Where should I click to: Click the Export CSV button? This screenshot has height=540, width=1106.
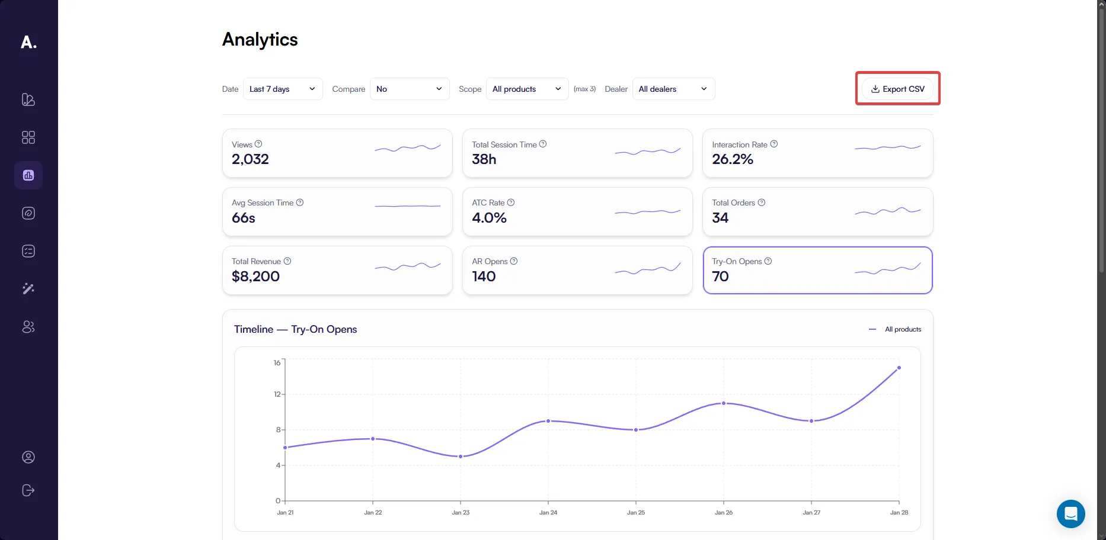897,89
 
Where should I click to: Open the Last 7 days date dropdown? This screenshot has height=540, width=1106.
283,89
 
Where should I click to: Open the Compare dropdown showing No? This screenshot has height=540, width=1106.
410,89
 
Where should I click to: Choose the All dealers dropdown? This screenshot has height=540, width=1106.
673,89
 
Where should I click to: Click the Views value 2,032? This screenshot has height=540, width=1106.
250,159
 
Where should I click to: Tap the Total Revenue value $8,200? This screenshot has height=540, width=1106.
255,277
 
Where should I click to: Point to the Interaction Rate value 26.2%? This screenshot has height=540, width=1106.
733,159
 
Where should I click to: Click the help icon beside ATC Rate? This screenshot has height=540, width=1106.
511,202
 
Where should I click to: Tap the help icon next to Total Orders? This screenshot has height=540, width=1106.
762,202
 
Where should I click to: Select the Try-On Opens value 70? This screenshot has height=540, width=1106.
720,277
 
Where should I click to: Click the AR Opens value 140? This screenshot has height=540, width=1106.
484,277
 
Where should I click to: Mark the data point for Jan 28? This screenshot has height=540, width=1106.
899,368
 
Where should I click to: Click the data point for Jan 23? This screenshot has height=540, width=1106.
461,457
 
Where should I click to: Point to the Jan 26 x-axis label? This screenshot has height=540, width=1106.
724,512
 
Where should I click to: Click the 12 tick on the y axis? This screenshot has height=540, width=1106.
277,394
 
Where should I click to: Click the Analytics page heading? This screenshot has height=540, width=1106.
260,40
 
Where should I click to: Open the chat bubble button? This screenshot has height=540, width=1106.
1070,513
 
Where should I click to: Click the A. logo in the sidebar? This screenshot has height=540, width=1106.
28,42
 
